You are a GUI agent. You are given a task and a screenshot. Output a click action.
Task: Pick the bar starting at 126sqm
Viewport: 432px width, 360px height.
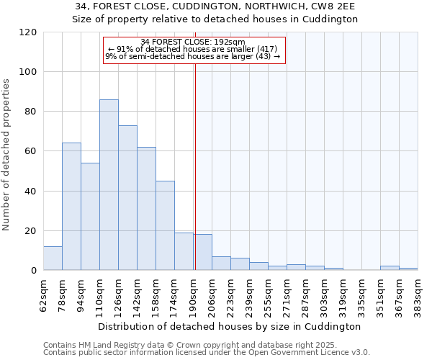(127, 198)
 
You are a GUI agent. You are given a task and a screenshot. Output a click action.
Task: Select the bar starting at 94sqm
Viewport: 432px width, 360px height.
(90, 217)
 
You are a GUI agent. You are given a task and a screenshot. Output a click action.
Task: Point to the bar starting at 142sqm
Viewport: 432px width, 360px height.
(146, 209)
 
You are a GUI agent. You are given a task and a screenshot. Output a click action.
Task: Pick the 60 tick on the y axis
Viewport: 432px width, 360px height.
(31, 151)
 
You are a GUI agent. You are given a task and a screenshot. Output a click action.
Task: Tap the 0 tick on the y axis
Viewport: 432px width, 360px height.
(34, 271)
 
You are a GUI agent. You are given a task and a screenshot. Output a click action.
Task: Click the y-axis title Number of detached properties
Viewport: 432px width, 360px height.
(7, 155)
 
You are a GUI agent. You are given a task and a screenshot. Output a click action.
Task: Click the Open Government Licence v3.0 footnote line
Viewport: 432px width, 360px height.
(206, 353)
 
